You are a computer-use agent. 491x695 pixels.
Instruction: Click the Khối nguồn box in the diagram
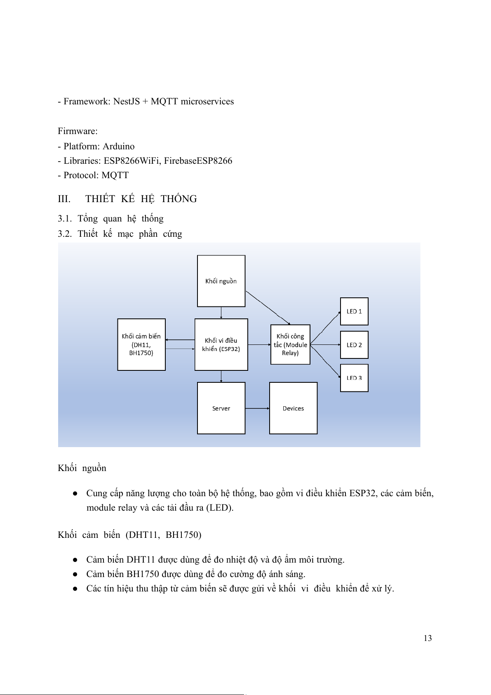[221, 281]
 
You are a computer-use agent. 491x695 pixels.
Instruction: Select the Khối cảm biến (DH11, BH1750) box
[141, 344]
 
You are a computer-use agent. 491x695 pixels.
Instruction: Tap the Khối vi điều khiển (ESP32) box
[221, 344]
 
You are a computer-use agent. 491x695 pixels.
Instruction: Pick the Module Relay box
[290, 344]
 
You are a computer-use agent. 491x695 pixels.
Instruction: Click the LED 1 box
[354, 311]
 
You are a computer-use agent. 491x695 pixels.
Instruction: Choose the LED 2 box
[354, 345]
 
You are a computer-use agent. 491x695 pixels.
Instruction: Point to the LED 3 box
[354, 378]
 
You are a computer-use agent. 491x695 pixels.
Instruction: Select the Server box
[221, 408]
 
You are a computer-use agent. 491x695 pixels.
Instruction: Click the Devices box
[293, 408]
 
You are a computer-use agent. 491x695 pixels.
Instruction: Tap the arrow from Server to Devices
[257, 408]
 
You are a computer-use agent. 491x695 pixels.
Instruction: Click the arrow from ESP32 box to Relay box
[259, 344]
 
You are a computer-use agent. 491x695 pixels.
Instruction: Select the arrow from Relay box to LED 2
[325, 344]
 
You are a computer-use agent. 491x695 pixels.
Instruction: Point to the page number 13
[428, 638]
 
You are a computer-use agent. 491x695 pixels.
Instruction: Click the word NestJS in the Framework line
[127, 101]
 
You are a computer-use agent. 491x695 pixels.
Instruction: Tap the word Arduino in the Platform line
[119, 146]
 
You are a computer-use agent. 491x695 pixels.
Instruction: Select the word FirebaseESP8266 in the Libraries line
[198, 161]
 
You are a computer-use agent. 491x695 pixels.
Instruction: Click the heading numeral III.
[64, 199]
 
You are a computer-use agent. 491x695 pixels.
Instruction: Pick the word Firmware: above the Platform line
[78, 131]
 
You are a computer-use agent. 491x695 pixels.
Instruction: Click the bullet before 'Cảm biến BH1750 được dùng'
[75, 574]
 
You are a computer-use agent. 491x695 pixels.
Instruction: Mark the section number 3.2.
[64, 234]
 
